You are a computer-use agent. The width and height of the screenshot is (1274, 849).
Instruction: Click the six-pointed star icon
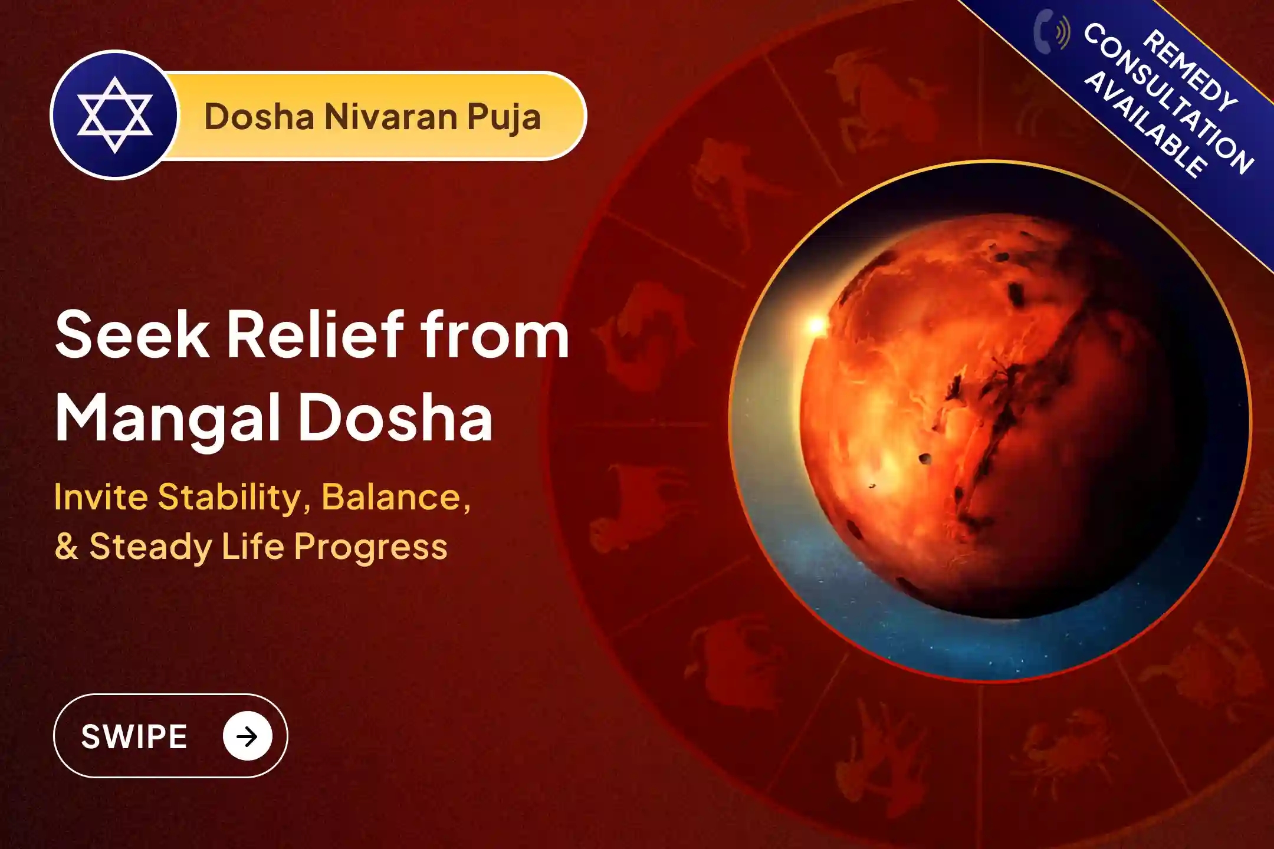[x=114, y=115]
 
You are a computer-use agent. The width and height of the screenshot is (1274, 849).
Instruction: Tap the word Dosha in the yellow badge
[x=259, y=117]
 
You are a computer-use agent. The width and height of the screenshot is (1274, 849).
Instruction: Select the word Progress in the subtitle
[x=370, y=547]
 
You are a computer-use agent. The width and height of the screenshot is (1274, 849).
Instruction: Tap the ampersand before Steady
[x=66, y=547]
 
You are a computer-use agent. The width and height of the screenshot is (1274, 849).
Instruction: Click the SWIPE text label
[x=134, y=736]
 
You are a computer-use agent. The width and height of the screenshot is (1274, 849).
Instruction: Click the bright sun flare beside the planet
[x=816, y=325]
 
